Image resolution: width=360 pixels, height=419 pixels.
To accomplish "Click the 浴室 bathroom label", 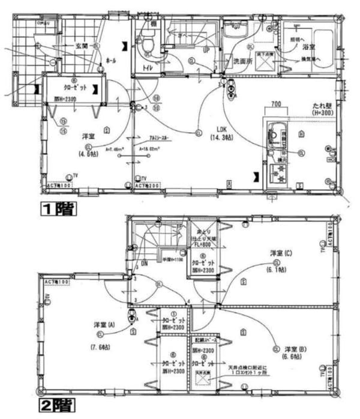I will [x=309, y=46].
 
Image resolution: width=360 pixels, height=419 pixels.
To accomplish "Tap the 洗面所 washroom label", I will [x=241, y=61].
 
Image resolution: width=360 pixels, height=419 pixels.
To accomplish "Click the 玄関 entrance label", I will [x=82, y=46].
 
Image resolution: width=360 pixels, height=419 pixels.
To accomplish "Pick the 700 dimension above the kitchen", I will [x=275, y=104].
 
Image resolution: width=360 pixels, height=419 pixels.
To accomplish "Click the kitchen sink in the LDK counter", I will [x=275, y=133].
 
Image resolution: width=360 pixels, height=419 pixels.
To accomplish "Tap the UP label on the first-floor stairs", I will [x=206, y=50].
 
